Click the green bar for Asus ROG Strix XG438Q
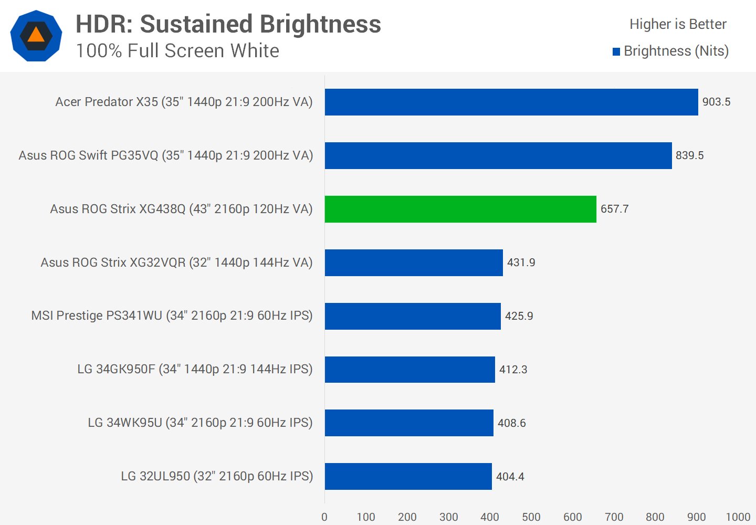pyautogui.click(x=460, y=209)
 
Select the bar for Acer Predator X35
pyautogui.click(x=511, y=102)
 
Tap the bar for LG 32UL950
pyautogui.click(x=408, y=476)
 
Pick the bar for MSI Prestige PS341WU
pyautogui.click(x=413, y=316)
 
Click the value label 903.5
pyautogui.click(x=716, y=102)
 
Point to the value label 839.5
pyautogui.click(x=689, y=155)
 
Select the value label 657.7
pyautogui.click(x=614, y=209)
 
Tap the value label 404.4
pyautogui.click(x=510, y=477)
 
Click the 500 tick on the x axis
pyautogui.click(x=531, y=517)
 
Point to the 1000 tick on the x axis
pyautogui.click(x=738, y=517)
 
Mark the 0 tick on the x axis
pyautogui.click(x=324, y=517)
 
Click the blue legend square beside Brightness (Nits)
pyautogui.click(x=616, y=51)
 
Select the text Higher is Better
pyautogui.click(x=678, y=24)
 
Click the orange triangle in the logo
pyautogui.click(x=36, y=35)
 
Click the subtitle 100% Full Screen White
pyautogui.click(x=177, y=51)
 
